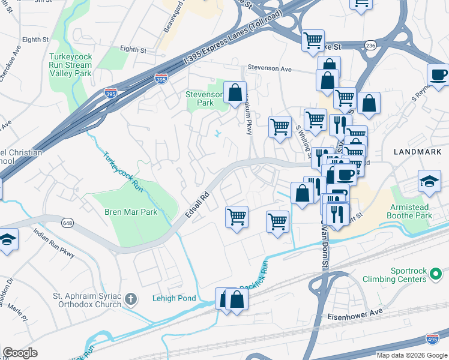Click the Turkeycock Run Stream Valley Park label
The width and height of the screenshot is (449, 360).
coord(71,65)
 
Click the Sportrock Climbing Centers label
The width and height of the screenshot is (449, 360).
coord(418,275)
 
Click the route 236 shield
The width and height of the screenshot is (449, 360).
coord(370,45)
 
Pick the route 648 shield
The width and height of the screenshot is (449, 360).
coord(68,223)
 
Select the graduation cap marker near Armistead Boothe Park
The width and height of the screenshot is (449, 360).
coord(430,181)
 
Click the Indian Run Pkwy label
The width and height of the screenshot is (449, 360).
coord(54,244)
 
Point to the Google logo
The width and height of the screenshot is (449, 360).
coord(20,353)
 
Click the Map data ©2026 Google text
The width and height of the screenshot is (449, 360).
coord(411,355)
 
